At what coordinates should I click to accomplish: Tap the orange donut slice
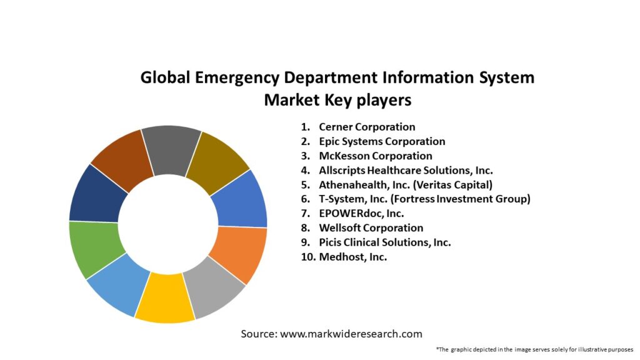pyautogui.click(x=236, y=253)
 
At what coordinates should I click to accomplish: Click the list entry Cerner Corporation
pyautogui.click(x=367, y=127)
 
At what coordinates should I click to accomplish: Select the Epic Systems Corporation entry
pyautogui.click(x=382, y=142)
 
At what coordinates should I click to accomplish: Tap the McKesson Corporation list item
pyautogui.click(x=376, y=156)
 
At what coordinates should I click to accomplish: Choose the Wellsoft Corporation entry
pyautogui.click(x=371, y=228)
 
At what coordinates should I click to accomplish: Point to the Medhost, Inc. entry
pyautogui.click(x=352, y=257)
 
